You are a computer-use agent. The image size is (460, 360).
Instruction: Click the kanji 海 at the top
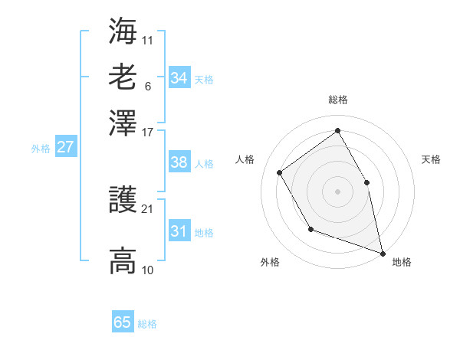click(123, 32)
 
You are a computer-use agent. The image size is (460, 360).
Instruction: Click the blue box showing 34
click(179, 78)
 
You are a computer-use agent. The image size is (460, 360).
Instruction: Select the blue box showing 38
click(179, 162)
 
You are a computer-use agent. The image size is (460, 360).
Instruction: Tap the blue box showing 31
click(179, 231)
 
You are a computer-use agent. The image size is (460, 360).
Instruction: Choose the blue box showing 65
click(123, 322)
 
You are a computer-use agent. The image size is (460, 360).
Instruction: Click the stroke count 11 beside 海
click(147, 38)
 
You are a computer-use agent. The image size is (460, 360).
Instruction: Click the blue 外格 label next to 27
click(41, 149)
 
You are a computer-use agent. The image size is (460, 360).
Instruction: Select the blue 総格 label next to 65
click(147, 324)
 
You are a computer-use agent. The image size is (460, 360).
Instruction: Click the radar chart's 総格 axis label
click(337, 100)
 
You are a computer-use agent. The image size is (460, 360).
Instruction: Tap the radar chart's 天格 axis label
click(431, 159)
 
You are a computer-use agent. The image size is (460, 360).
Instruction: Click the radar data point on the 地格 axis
click(383, 252)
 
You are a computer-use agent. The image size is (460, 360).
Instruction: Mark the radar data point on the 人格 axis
click(279, 172)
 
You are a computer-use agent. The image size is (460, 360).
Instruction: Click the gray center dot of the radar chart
click(337, 191)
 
